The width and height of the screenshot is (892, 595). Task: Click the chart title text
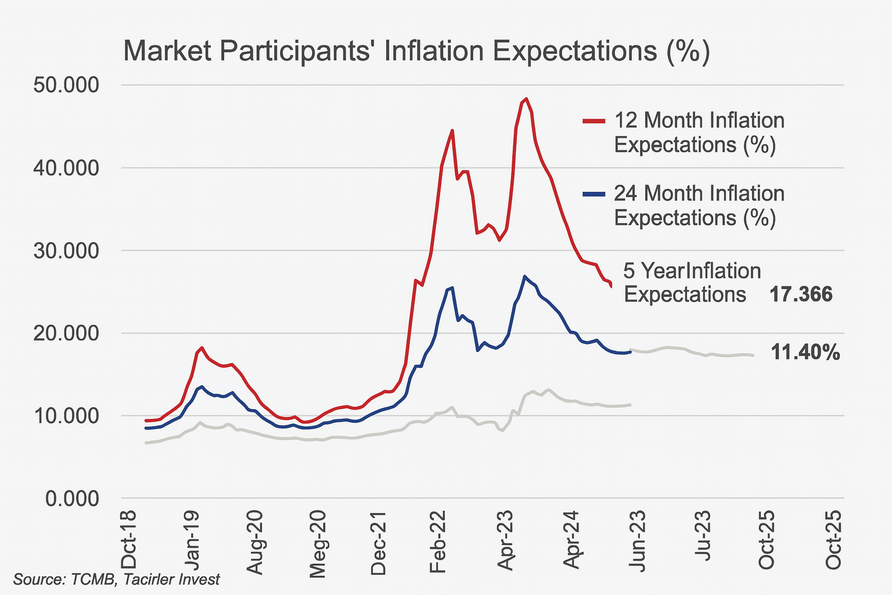point(416,51)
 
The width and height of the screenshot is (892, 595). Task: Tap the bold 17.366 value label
point(801,295)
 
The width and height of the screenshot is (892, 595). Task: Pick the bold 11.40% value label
point(805,352)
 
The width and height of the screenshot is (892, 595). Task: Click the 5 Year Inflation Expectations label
point(691,283)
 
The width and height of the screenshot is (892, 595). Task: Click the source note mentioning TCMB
point(117,579)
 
